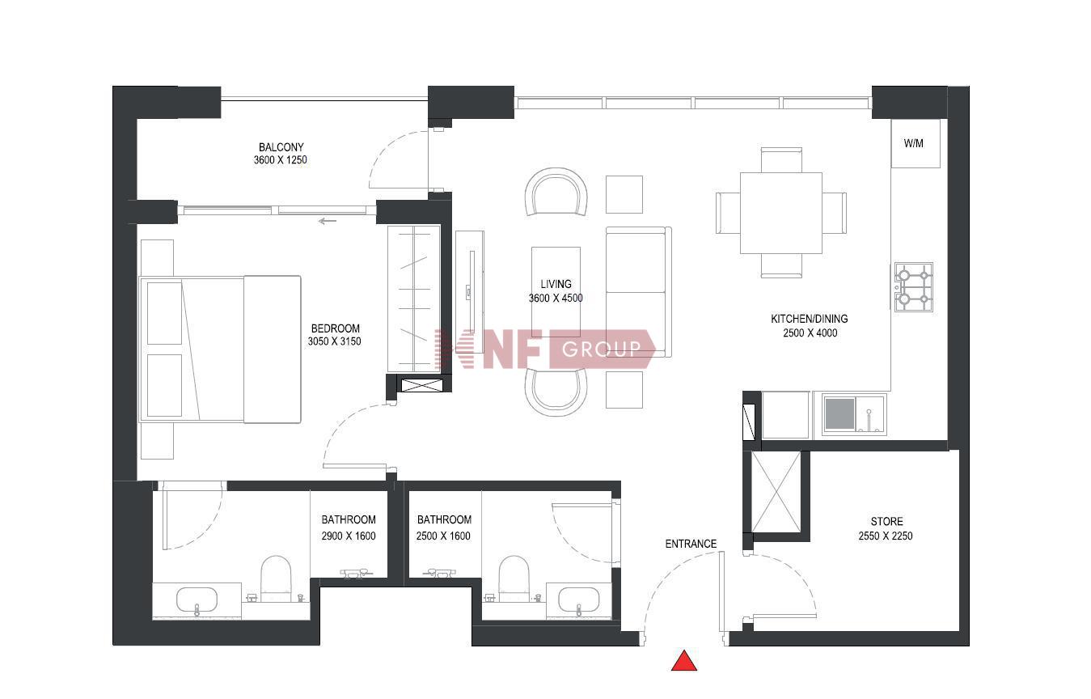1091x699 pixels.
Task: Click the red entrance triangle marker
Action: pyautogui.click(x=684, y=661)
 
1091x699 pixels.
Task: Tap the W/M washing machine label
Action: pyautogui.click(x=913, y=144)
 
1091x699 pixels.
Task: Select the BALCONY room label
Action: pyautogui.click(x=281, y=147)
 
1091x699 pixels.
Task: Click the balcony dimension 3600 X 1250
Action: pyautogui.click(x=280, y=159)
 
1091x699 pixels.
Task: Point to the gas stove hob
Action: pyautogui.click(x=914, y=287)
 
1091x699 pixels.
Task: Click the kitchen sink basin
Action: pyautogui.click(x=840, y=414)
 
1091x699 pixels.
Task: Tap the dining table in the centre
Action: pyautogui.click(x=781, y=213)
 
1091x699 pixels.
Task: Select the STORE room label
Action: pyautogui.click(x=886, y=522)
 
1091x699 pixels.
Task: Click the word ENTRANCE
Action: pyautogui.click(x=691, y=544)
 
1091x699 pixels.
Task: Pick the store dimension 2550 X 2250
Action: pyautogui.click(x=886, y=536)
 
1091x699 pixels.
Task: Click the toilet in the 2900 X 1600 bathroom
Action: pyautogui.click(x=276, y=578)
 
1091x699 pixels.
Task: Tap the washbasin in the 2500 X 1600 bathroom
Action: pyautogui.click(x=578, y=600)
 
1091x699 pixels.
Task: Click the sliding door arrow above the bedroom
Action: pyautogui.click(x=328, y=221)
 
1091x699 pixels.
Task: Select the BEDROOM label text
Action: pyautogui.click(x=336, y=328)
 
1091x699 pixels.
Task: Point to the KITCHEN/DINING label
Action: pyautogui.click(x=810, y=319)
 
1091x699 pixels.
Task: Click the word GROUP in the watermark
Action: pyautogui.click(x=602, y=349)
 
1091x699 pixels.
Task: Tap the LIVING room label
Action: pyautogui.click(x=556, y=284)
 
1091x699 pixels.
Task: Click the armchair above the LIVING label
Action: pyautogui.click(x=556, y=192)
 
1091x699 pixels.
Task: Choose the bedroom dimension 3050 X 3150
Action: pyautogui.click(x=334, y=341)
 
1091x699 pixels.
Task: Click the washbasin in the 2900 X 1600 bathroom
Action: pyautogui.click(x=197, y=600)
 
